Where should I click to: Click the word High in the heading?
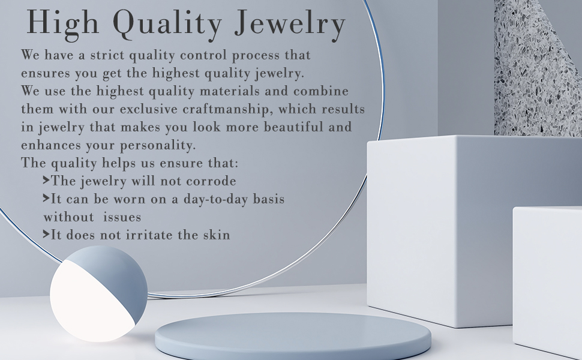[63, 23]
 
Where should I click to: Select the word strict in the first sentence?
[107, 55]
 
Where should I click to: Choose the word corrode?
[211, 181]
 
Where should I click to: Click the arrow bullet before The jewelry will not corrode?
[46, 181]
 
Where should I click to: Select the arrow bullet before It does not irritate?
[46, 235]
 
